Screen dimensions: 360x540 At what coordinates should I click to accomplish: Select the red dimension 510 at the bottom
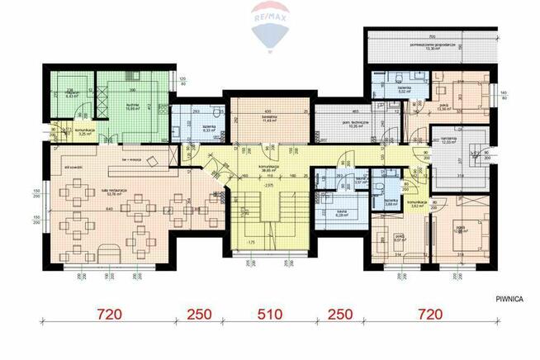click(x=270, y=315)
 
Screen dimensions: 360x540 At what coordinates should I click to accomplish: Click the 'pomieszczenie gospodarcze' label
click(x=432, y=45)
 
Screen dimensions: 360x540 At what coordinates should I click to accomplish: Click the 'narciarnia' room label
click(x=450, y=140)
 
